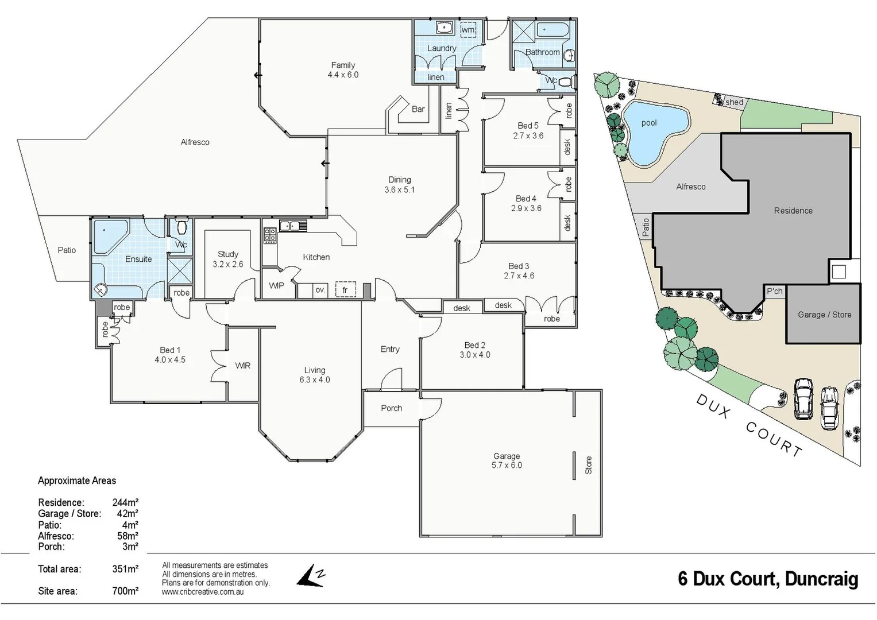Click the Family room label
click(343, 65)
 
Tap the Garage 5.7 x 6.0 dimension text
click(507, 466)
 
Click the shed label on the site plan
click(734, 102)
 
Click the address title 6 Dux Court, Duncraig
click(768, 579)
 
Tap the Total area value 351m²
click(125, 569)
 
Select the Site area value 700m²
click(125, 591)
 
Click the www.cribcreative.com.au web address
click(203, 592)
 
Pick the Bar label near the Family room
click(418, 109)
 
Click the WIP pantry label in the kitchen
click(276, 285)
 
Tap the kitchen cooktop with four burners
click(269, 235)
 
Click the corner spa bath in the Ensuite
click(110, 235)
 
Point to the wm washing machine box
click(468, 30)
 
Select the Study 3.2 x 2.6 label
click(228, 259)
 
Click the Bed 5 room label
click(528, 126)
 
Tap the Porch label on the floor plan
click(391, 408)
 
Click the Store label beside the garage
click(588, 465)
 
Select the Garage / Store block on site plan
click(824, 315)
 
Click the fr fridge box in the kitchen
click(345, 290)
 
